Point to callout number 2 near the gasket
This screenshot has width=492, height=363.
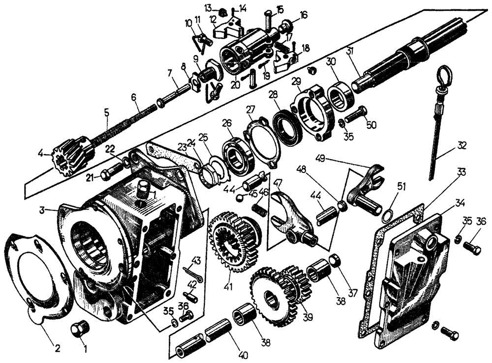[x=58, y=348]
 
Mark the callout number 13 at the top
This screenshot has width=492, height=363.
[x=208, y=7]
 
